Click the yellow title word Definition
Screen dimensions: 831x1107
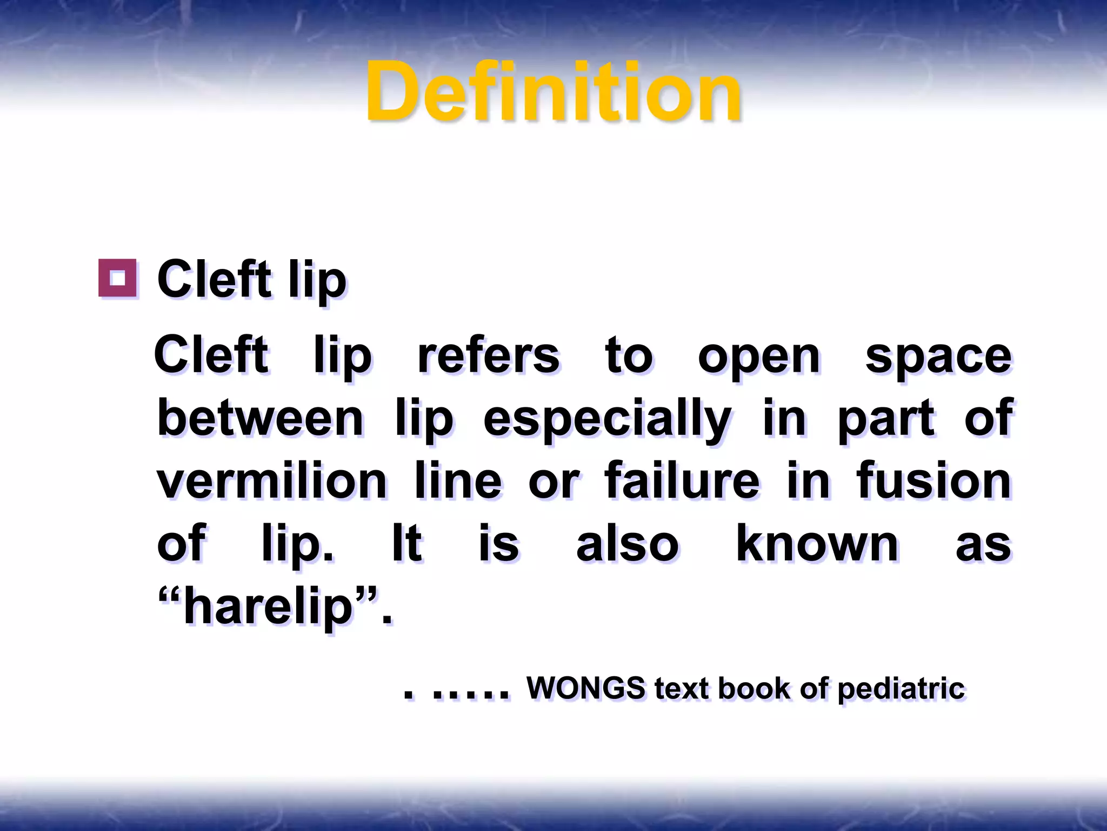click(x=553, y=92)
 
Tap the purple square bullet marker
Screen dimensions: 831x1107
click(x=117, y=278)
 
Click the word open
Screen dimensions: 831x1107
click(x=759, y=358)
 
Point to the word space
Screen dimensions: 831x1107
click(x=938, y=358)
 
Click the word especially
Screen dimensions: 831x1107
click(x=607, y=420)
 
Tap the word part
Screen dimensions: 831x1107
click(x=886, y=419)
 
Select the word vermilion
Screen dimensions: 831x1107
click(x=272, y=481)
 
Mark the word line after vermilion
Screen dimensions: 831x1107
click(x=458, y=481)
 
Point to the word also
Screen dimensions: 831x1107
click(x=627, y=543)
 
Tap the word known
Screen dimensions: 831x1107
click(x=817, y=543)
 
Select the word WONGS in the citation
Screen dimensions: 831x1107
click(x=586, y=688)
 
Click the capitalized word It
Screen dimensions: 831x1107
click(x=406, y=543)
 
